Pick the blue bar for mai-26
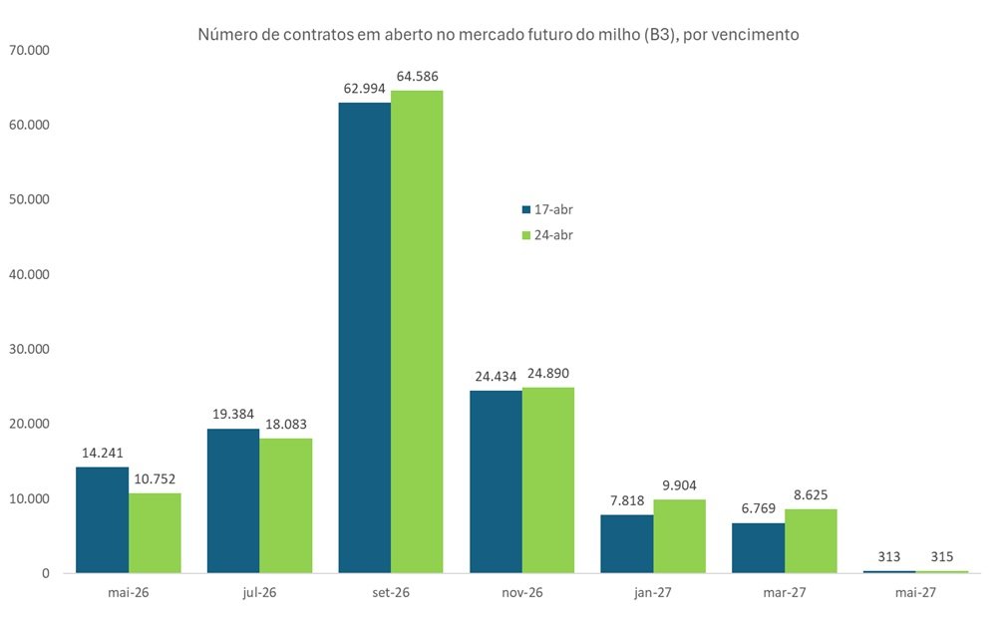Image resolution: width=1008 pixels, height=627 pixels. (103, 519)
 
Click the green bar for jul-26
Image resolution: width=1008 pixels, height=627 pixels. (285, 505)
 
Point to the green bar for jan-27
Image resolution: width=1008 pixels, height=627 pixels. (679, 535)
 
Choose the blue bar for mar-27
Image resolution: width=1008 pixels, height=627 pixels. (758, 547)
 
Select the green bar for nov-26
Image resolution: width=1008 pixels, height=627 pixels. (547, 479)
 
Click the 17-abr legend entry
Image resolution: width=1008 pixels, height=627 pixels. (546, 209)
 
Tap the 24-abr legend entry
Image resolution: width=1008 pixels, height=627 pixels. (546, 235)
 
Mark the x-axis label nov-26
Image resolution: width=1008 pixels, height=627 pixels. (521, 592)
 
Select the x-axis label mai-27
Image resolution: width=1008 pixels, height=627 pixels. (915, 592)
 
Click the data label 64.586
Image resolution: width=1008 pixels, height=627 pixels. (417, 76)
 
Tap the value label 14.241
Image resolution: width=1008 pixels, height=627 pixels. (103, 452)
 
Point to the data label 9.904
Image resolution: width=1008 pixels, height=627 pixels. (679, 484)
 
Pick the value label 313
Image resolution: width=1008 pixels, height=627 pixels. (889, 558)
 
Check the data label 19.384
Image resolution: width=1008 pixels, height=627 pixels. (233, 414)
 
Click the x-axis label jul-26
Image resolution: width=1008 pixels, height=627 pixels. (259, 592)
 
